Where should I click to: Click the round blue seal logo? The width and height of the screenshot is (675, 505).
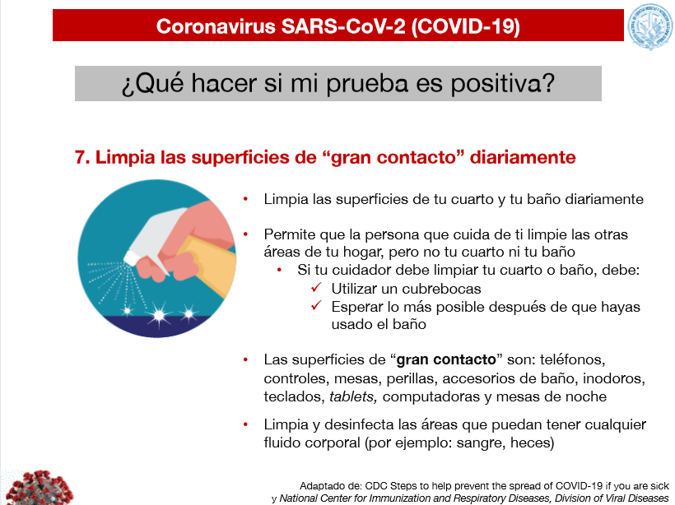tap(650, 26)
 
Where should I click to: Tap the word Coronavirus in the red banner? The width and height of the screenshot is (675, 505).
tap(216, 26)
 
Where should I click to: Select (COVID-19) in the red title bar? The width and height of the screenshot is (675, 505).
tap(466, 26)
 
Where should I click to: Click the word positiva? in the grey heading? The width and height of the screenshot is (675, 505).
tap(503, 83)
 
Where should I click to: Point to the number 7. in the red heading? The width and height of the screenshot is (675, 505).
tap(82, 157)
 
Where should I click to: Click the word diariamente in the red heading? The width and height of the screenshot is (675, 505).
tap(523, 157)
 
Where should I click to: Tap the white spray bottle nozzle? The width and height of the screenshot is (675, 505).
tap(131, 257)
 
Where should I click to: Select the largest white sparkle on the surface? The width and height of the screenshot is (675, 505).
tap(159, 316)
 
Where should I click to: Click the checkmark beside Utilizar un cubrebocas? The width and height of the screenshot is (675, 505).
tap(316, 287)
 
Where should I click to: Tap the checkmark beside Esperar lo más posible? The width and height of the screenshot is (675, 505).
tap(316, 305)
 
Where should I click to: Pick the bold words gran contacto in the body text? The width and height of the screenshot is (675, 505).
tap(446, 359)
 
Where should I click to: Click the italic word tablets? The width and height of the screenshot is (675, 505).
tap(353, 396)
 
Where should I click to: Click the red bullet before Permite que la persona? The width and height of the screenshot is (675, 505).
tap(246, 234)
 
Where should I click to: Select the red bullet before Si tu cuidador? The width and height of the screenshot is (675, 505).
tap(279, 270)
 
